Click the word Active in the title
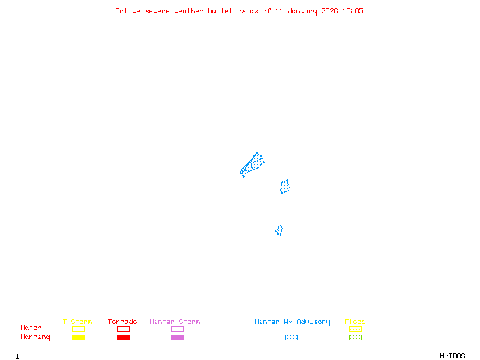point(128,11)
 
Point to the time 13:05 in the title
point(353,11)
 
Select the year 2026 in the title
point(330,11)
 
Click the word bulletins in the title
point(226,11)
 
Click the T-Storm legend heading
point(77,322)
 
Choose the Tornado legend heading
point(122,322)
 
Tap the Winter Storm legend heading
point(175,322)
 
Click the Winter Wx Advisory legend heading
point(292,322)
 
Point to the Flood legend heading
point(355,322)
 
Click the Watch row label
point(31,328)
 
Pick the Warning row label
point(35,337)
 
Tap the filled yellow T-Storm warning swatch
point(78,338)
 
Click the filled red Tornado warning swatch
point(123,338)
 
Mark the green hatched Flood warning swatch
point(355,338)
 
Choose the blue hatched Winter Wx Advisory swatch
point(291,338)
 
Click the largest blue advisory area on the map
point(253,164)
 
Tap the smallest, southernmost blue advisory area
point(279,230)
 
